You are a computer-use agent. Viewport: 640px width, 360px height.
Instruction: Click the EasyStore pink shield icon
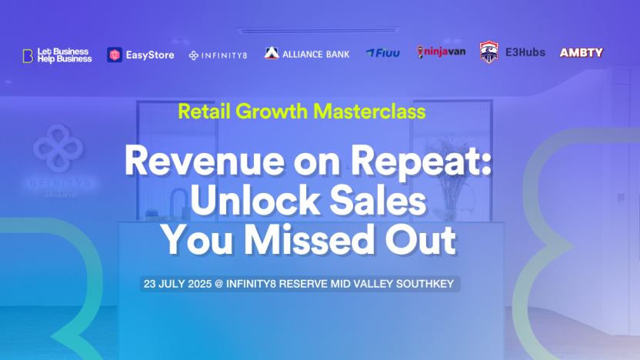(115, 55)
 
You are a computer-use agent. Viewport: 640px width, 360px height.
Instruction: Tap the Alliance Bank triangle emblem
(272, 53)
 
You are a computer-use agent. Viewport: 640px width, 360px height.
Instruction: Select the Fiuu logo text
(383, 53)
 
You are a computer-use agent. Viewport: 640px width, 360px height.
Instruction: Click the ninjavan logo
(441, 52)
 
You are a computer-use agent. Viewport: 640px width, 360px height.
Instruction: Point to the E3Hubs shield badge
(489, 52)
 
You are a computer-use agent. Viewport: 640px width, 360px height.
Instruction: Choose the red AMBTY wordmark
(582, 52)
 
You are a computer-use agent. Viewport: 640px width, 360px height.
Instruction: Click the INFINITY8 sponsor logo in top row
(218, 55)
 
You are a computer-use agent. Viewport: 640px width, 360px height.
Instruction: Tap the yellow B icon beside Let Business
(28, 56)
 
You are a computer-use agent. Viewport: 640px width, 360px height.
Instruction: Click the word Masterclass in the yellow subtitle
(369, 112)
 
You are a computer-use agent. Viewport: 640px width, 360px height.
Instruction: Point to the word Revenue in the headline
(204, 162)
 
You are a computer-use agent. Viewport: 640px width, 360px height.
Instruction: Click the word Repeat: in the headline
(422, 162)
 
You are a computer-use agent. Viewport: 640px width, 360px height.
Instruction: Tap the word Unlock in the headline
(255, 201)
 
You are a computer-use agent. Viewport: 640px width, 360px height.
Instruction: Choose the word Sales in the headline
(378, 201)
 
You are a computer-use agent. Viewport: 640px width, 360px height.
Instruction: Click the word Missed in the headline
(309, 240)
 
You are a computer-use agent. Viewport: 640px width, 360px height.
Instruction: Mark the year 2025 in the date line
(199, 284)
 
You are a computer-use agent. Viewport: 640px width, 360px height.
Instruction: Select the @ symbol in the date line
(218, 284)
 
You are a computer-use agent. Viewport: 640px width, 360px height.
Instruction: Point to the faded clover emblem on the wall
(58, 148)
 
